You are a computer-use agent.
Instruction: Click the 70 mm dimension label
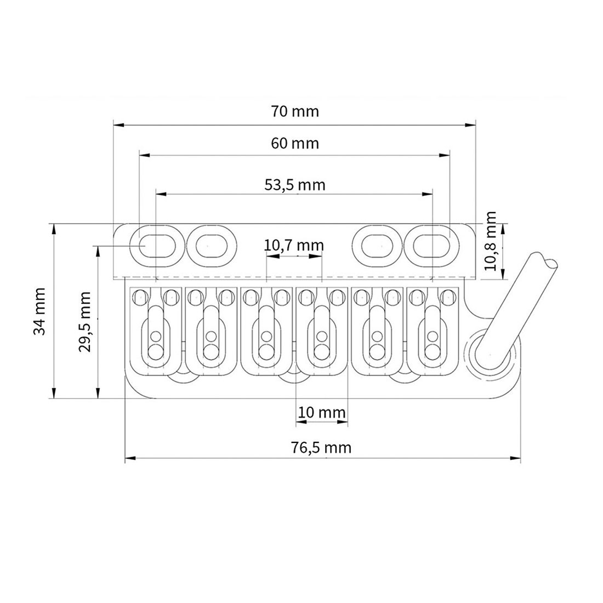[294, 111]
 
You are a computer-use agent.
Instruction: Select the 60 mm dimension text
[294, 144]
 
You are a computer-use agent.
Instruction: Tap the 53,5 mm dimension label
[294, 185]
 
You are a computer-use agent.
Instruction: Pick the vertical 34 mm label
[39, 311]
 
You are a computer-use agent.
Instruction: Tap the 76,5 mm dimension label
[322, 448]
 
